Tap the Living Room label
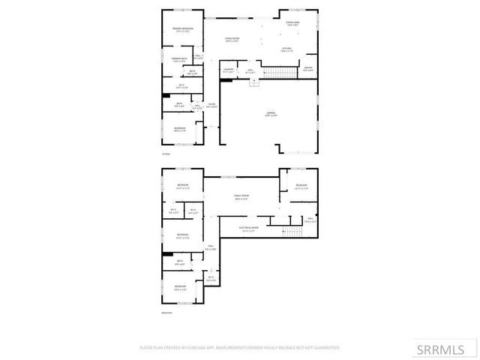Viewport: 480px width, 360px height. (x=232, y=40)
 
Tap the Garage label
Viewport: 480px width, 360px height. (x=270, y=114)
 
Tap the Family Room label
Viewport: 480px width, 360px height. (x=241, y=197)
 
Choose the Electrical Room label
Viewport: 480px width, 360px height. (x=248, y=229)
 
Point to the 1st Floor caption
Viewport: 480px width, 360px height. (x=165, y=153)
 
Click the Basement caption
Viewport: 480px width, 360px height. (x=166, y=313)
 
